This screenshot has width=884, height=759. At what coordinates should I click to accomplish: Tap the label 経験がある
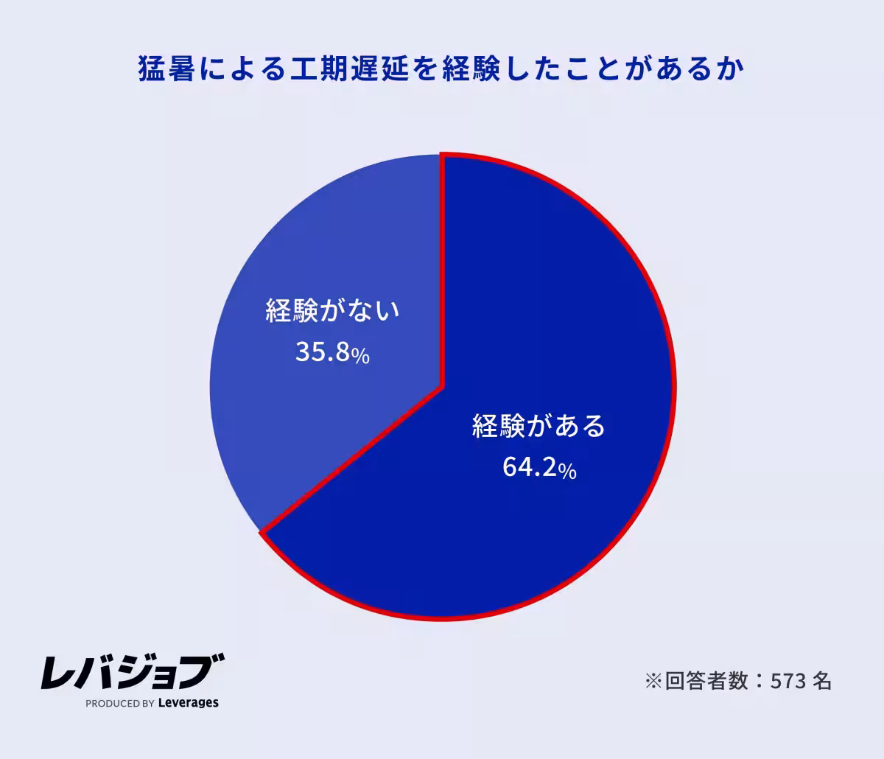click(x=539, y=427)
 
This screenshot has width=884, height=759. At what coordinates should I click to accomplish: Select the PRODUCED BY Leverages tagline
click(x=152, y=703)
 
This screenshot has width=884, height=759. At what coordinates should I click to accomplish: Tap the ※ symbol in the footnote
click(x=653, y=681)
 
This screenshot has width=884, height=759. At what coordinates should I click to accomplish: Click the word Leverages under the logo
click(x=189, y=703)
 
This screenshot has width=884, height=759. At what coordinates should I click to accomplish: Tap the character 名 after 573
click(x=823, y=681)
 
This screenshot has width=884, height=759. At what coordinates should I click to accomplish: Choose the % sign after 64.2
click(x=567, y=470)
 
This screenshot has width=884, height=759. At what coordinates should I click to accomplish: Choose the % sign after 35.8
click(x=360, y=355)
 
